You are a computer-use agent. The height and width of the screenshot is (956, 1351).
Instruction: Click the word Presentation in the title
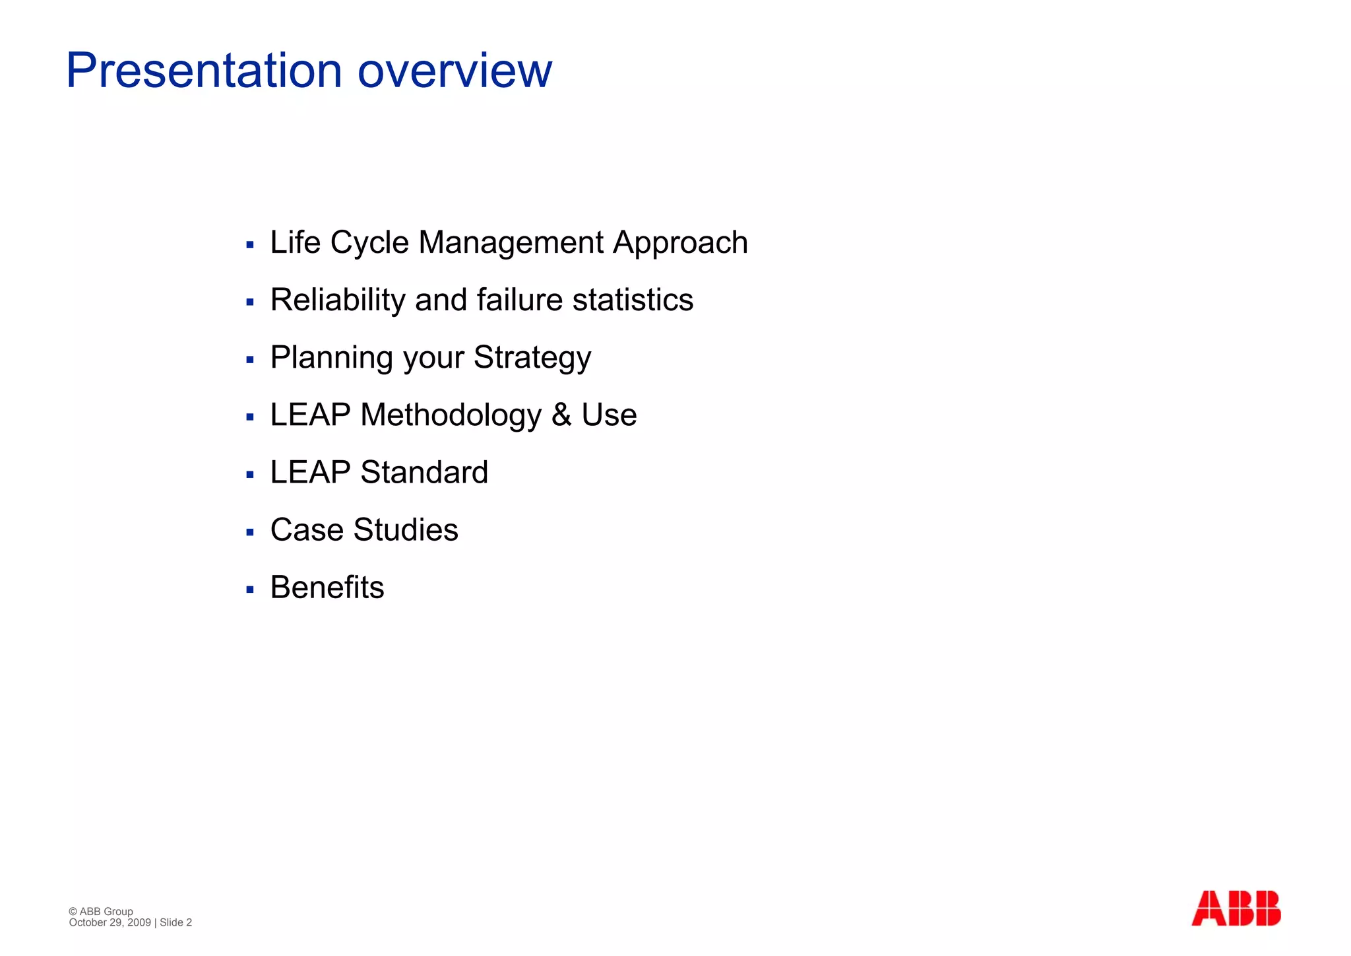pyautogui.click(x=204, y=71)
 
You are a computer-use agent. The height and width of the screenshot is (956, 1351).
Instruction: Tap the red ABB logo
pyautogui.click(x=1236, y=908)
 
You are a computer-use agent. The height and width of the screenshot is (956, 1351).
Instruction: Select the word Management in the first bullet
pyautogui.click(x=511, y=242)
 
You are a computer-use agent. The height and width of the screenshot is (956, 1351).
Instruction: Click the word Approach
pyautogui.click(x=680, y=242)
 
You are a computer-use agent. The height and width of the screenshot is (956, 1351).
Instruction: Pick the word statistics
pyautogui.click(x=633, y=300)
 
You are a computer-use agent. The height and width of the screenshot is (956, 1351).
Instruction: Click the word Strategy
pyautogui.click(x=532, y=358)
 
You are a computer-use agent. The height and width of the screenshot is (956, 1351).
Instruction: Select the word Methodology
pyautogui.click(x=451, y=415)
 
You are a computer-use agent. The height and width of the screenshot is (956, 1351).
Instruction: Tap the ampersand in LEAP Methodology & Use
pyautogui.click(x=561, y=415)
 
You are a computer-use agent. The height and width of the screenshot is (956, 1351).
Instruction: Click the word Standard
pyautogui.click(x=424, y=473)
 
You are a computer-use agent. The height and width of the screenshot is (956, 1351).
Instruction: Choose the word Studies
pyautogui.click(x=406, y=530)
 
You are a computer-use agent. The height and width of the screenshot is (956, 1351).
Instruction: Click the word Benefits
pyautogui.click(x=327, y=588)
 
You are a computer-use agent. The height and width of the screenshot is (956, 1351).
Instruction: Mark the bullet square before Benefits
pyautogui.click(x=250, y=590)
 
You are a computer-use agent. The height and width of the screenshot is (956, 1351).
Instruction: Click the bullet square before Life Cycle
pyautogui.click(x=250, y=245)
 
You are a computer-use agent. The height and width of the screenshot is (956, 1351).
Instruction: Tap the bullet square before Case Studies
pyautogui.click(x=250, y=532)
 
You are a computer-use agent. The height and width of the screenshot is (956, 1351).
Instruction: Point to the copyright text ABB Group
pyautogui.click(x=106, y=911)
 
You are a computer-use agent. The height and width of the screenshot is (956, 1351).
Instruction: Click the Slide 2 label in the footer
pyautogui.click(x=175, y=922)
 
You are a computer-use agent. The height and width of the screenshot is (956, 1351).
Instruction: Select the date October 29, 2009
pyautogui.click(x=110, y=922)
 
